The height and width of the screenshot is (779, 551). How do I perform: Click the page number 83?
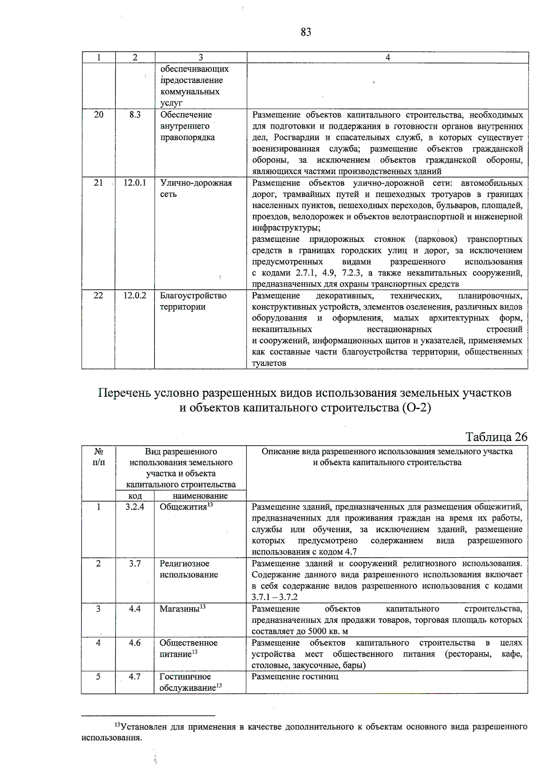pyautogui.click(x=306, y=32)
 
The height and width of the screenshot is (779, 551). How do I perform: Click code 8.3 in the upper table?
pyautogui.click(x=135, y=115)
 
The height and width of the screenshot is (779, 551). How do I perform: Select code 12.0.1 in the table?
pyautogui.click(x=135, y=183)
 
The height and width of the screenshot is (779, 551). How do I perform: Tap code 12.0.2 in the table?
pyautogui.click(x=135, y=296)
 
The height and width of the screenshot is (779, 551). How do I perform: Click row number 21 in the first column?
pyautogui.click(x=98, y=183)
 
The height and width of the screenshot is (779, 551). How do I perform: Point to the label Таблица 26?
pyautogui.click(x=496, y=437)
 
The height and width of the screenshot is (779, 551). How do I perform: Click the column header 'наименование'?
pyautogui.click(x=200, y=496)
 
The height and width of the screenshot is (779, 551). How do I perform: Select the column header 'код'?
pyautogui.click(x=135, y=496)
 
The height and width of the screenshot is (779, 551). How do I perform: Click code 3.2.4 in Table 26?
pyautogui.click(x=135, y=507)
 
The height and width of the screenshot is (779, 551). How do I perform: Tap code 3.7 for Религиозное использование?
pyautogui.click(x=135, y=563)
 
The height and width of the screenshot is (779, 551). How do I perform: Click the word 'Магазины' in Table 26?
pyautogui.click(x=179, y=609)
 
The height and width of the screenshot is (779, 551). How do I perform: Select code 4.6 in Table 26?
pyautogui.click(x=135, y=643)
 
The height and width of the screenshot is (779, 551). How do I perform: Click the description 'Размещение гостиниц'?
pyautogui.click(x=295, y=677)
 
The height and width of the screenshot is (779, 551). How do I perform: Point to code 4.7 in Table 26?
pyautogui.click(x=135, y=677)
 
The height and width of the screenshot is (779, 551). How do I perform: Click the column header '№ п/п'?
pyautogui.click(x=98, y=457)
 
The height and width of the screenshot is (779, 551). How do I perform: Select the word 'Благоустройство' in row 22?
pyautogui.click(x=193, y=296)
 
